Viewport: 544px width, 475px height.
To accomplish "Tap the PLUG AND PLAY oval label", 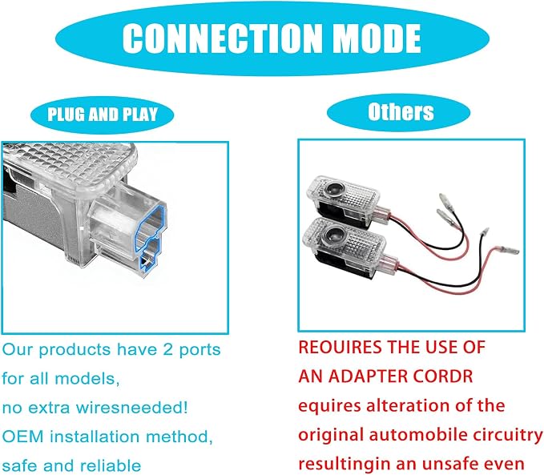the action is coord(103,115).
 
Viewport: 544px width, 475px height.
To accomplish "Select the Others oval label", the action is coord(398,112).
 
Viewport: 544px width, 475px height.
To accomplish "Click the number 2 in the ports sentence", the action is coord(168,350).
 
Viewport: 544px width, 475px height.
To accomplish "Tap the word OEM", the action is coord(22,437).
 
